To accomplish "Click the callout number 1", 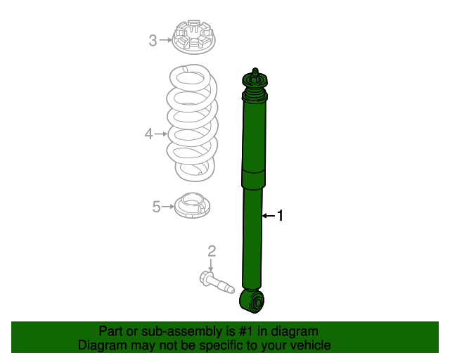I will (280, 216).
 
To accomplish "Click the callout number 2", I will (211, 250).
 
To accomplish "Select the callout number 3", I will (153, 40).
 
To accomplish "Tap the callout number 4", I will (148, 133).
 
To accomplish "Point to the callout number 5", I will (157, 206).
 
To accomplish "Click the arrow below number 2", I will (211, 265).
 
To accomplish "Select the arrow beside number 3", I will (165, 40).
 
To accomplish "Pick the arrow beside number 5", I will (169, 206).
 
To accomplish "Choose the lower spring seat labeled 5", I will (193, 205).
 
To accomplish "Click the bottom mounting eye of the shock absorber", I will (254, 302).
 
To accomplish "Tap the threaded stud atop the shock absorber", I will (255, 74).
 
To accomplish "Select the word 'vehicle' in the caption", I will (308, 345).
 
